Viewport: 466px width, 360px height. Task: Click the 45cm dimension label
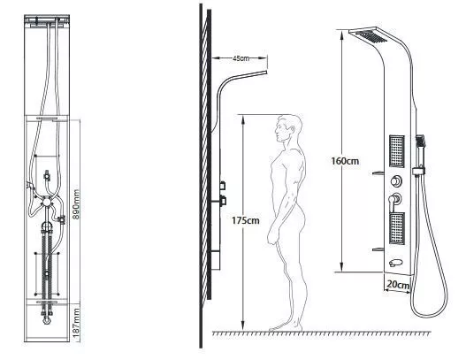point(241,58)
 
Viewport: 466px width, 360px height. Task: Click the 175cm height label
point(246,220)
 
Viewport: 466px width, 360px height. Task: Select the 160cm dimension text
point(345,161)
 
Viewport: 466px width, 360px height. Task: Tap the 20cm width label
point(398,285)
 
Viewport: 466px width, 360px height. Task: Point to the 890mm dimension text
point(76,204)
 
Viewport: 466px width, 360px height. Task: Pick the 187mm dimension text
point(76,323)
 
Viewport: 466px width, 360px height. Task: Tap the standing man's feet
point(286,326)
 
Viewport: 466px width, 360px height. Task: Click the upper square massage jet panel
point(397,151)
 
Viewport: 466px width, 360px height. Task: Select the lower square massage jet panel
point(397,228)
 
